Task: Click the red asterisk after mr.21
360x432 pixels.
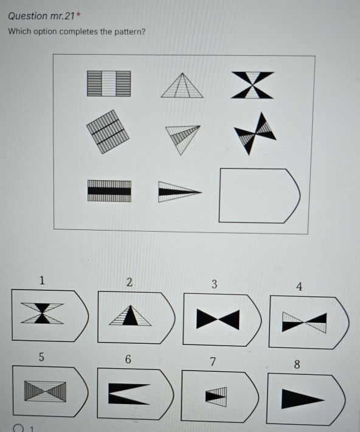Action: [78, 15]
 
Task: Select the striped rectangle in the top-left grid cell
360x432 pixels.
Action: [109, 83]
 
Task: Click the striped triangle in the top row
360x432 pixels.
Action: [182, 85]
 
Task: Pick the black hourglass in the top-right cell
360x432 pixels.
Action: [252, 85]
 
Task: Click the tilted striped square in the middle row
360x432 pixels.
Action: [108, 131]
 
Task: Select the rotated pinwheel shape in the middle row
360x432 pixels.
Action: [255, 134]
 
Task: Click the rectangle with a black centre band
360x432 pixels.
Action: [109, 191]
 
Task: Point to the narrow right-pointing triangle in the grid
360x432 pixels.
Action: [180, 192]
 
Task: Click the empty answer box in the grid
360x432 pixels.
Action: [260, 195]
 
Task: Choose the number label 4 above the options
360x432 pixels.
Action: [299, 287]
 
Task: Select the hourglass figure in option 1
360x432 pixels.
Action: [42, 313]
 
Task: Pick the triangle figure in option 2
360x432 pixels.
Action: [130, 315]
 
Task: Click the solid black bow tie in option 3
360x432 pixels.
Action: [218, 319]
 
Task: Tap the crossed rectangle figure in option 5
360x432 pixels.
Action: [45, 391]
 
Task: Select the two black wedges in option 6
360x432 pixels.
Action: [129, 394]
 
